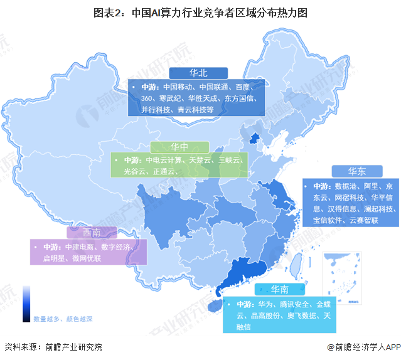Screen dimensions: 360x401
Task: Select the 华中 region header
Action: pos(180,147)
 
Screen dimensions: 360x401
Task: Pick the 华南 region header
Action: pos(279,290)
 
